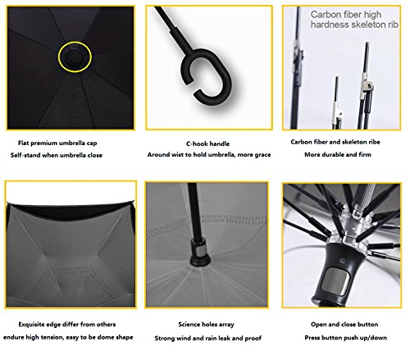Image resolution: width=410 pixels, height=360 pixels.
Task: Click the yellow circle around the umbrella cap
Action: (x=75, y=43)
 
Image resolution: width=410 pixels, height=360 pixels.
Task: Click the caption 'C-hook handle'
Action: (x=207, y=144)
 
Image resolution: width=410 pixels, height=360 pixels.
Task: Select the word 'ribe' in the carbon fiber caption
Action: (x=374, y=142)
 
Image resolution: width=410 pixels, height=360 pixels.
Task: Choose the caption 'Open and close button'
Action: (x=344, y=325)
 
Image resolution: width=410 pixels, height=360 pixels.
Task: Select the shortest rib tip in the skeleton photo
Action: (x=336, y=78)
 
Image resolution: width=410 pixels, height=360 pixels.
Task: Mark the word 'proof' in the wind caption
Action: (x=253, y=339)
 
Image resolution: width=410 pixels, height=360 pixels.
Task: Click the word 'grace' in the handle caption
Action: (x=262, y=155)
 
